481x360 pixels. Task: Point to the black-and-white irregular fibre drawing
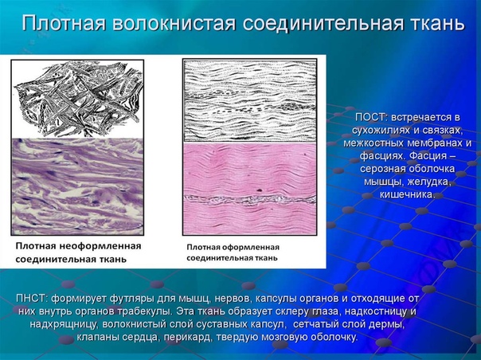[x=77, y=99]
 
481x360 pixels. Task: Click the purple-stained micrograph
[x=77, y=186]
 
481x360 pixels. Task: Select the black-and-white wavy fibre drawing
[x=250, y=100]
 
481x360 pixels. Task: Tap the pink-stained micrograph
[x=250, y=189]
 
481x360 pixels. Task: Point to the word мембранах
[x=434, y=143]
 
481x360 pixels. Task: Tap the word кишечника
[x=408, y=194]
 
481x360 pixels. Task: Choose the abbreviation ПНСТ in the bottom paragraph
[x=32, y=298]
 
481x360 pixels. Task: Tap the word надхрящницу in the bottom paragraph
[x=65, y=324]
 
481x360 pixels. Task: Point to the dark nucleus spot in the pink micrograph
[x=259, y=190]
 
